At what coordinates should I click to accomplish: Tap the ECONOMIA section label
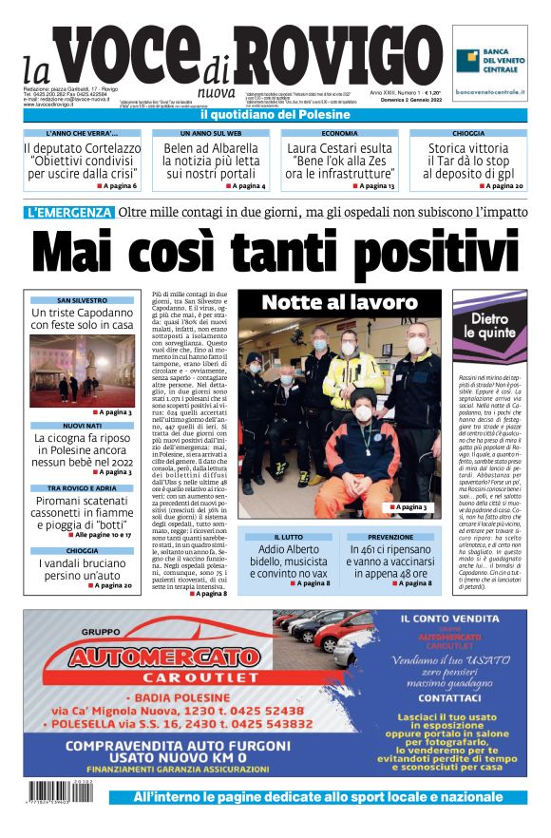339,134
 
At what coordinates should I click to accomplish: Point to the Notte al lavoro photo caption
339,303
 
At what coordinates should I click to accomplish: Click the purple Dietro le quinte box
491,327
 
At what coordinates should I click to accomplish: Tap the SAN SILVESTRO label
82,299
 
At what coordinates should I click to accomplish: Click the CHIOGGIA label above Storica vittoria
468,134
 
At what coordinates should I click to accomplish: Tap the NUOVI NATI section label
82,425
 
